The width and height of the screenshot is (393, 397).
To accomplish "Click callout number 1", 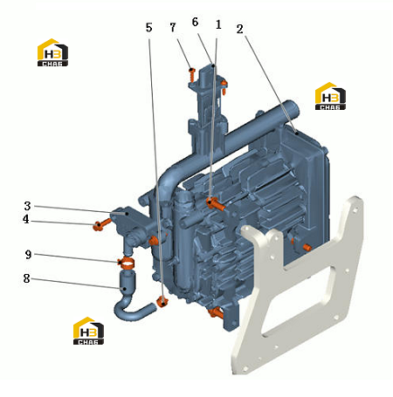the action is tap(218, 24).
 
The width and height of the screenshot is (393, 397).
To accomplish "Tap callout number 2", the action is tap(239, 29).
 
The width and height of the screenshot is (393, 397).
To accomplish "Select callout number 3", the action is tap(27, 206).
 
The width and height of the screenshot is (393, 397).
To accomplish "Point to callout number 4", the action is tap(26, 219).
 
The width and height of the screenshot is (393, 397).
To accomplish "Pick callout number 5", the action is tap(148, 28).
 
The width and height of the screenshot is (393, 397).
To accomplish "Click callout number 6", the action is tap(195, 22).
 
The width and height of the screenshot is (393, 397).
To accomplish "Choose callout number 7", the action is tap(173, 27).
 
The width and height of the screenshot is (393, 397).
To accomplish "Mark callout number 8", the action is tap(26, 278).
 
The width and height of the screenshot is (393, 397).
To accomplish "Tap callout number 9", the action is tap(28, 255).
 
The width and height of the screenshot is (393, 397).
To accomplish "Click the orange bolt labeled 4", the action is tap(101, 224).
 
